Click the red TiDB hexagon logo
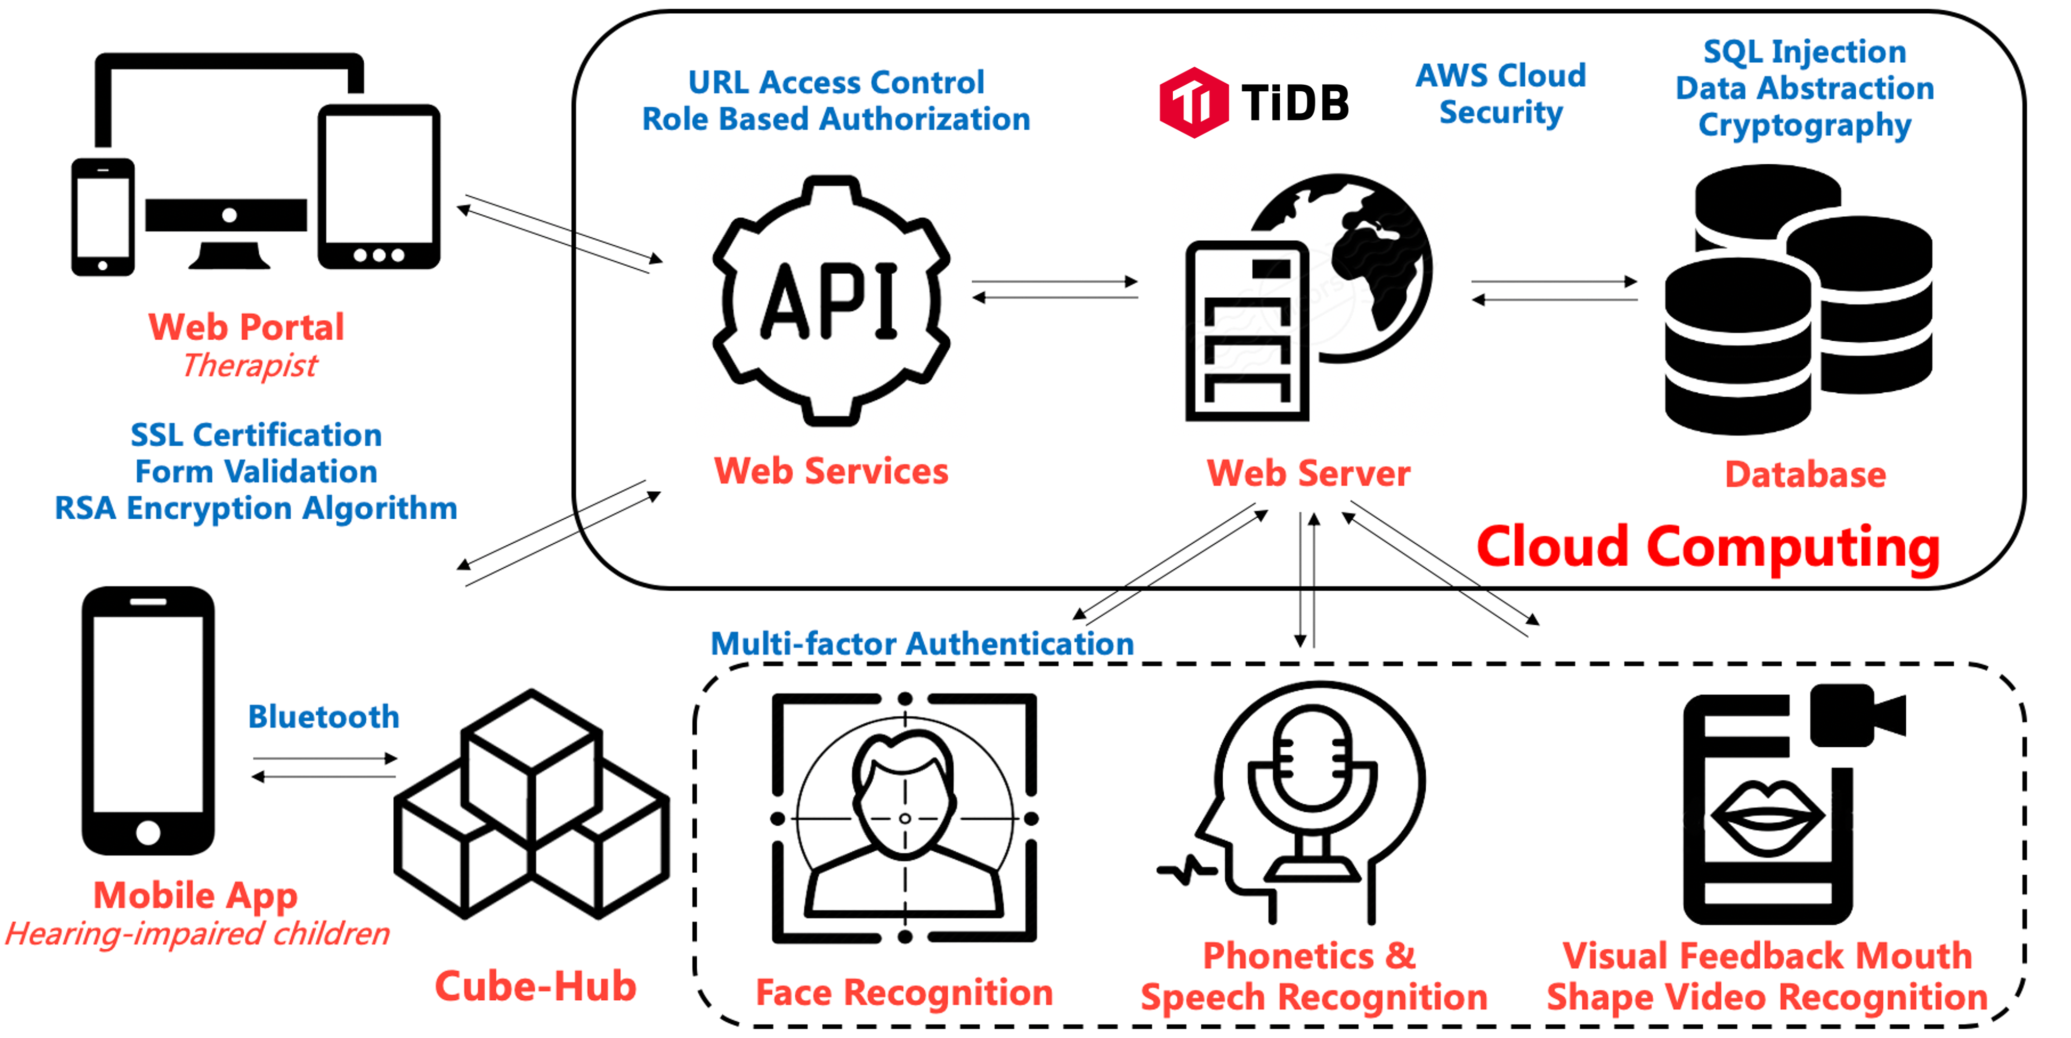tap(1193, 102)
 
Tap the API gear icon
tap(831, 300)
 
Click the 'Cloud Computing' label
tap(1708, 547)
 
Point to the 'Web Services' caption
tap(831, 471)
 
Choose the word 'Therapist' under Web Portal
tap(250, 366)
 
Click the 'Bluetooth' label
tap(323, 716)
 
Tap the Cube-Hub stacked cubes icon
tap(532, 804)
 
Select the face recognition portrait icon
tap(904, 818)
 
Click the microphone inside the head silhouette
tap(1312, 772)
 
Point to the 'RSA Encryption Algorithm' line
tap(256, 508)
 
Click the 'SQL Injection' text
tap(1805, 52)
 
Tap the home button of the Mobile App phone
tap(148, 832)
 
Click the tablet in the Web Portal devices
tap(378, 187)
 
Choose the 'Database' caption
tap(1805, 474)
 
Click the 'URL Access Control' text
tap(836, 82)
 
